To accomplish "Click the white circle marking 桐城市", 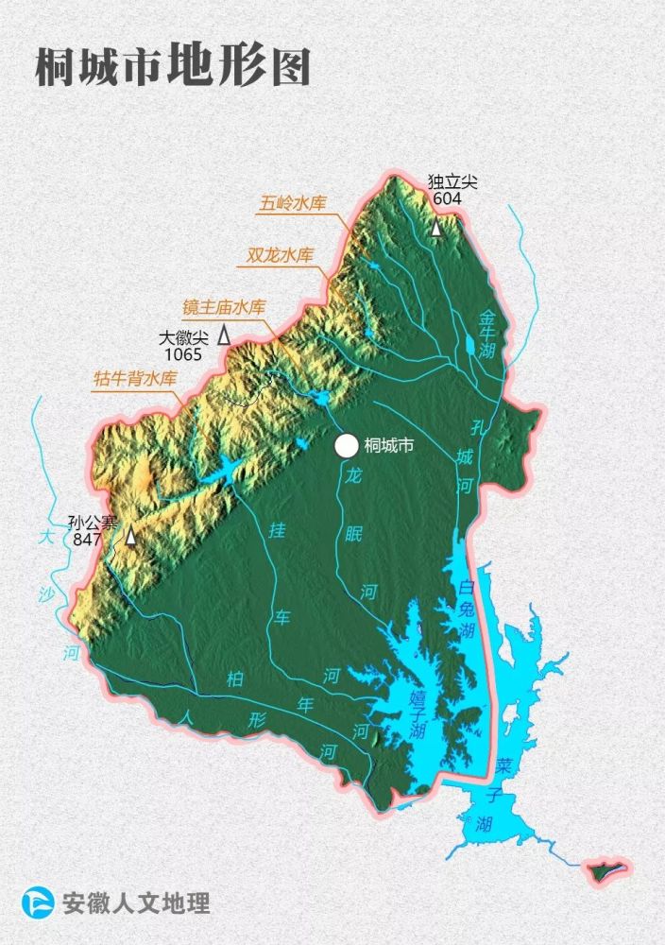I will pyautogui.click(x=347, y=445).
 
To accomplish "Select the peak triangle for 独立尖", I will pyautogui.click(x=436, y=228).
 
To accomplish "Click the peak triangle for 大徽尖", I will pyautogui.click(x=224, y=334).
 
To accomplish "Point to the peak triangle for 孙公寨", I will pyautogui.click(x=130, y=536).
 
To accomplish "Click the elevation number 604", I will pyautogui.click(x=447, y=198).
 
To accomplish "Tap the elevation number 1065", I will pyautogui.click(x=183, y=354).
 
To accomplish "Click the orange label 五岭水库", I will pyautogui.click(x=295, y=203).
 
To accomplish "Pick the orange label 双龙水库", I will pyautogui.click(x=280, y=254).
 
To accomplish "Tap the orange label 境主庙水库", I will pyautogui.click(x=224, y=307).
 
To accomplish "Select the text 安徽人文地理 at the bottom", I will pyautogui.click(x=135, y=902).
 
